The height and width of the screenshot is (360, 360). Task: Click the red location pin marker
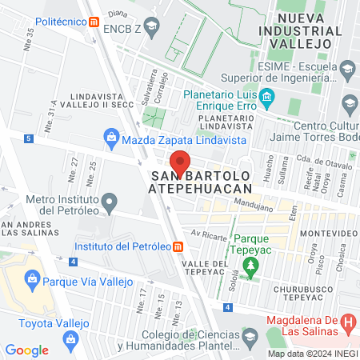point(181,162)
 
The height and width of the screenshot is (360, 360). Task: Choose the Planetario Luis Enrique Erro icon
point(267,100)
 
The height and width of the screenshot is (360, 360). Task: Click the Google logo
point(26,350)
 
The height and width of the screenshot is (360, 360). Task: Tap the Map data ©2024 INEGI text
point(312,354)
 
